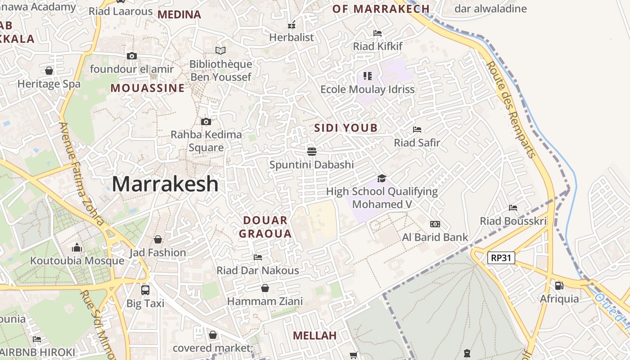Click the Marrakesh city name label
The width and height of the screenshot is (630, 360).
165,184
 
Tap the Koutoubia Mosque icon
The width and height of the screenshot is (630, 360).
77,248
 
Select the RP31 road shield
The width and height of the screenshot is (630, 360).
501,258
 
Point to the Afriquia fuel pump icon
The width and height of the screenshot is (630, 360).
559,285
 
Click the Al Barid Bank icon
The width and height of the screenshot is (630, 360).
435,224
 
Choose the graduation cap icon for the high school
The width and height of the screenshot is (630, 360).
382,178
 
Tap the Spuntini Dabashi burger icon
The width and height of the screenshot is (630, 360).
311,151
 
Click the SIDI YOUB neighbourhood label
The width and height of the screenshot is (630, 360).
346,128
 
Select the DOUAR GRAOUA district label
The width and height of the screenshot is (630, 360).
265,227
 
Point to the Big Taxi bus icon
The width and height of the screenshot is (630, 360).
145,290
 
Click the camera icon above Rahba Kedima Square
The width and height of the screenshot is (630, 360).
206,121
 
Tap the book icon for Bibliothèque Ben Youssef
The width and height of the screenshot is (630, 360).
220,50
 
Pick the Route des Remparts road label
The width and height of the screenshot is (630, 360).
512,109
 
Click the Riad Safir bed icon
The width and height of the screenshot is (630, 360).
417,130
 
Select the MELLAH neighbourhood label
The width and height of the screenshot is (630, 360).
315,336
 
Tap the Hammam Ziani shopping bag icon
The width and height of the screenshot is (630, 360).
265,288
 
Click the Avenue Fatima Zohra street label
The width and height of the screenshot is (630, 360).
81,173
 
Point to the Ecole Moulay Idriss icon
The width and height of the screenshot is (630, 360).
367,76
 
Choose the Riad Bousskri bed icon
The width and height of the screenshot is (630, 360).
513,208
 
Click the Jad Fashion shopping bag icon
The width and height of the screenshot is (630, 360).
157,239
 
